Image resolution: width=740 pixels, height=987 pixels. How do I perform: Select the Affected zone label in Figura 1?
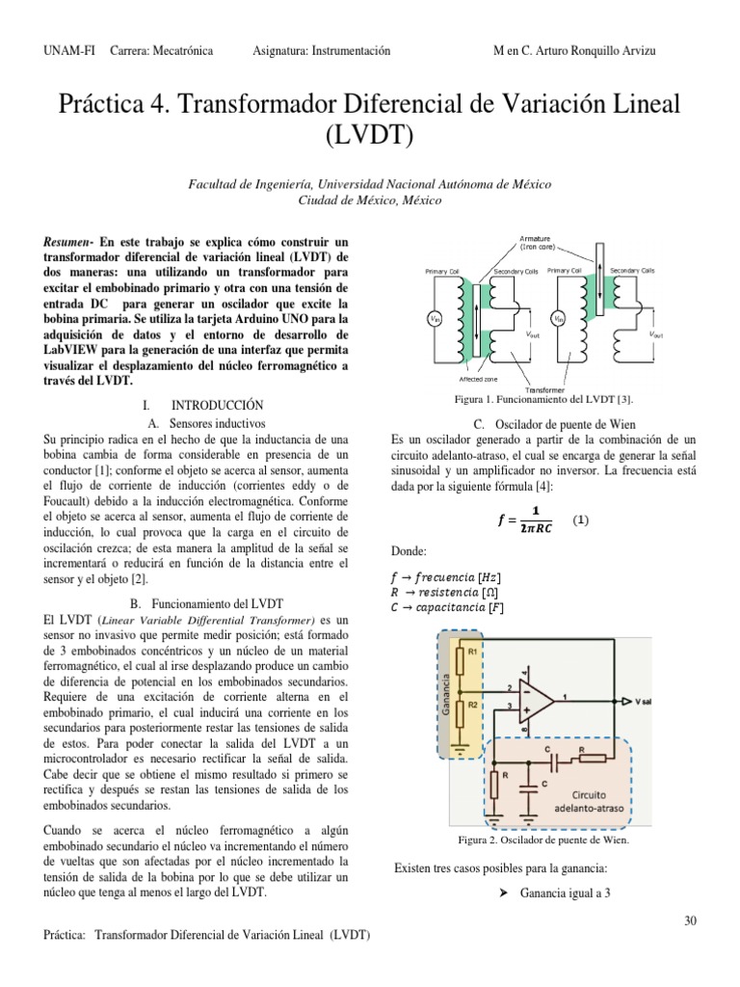pyautogui.click(x=452, y=379)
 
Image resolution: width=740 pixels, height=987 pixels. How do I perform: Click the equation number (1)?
pyautogui.click(x=580, y=520)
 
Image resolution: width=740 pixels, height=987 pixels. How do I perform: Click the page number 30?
pyautogui.click(x=690, y=920)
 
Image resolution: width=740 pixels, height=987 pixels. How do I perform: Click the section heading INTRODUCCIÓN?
pyautogui.click(x=210, y=406)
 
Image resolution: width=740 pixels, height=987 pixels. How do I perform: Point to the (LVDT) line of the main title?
pyautogui.click(x=369, y=136)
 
